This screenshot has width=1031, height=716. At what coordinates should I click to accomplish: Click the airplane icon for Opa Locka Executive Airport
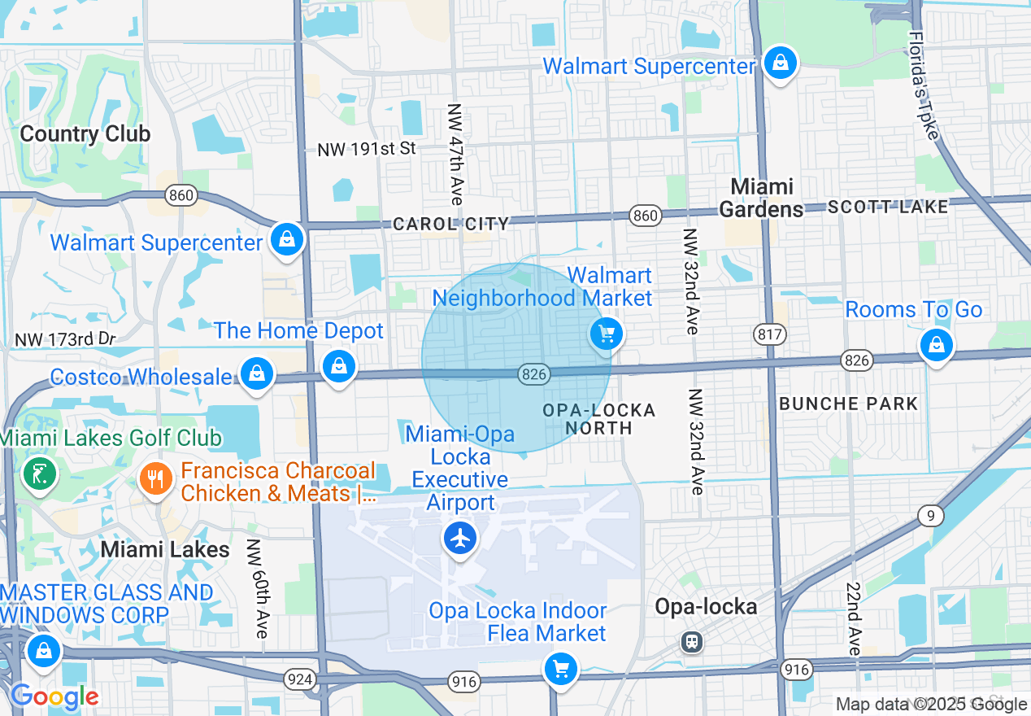(x=460, y=538)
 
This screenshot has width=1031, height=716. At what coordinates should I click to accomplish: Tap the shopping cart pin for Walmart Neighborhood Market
(x=606, y=334)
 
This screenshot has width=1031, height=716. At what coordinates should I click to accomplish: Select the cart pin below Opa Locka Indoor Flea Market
(x=560, y=670)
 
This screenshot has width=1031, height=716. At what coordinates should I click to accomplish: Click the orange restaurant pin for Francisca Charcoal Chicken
(x=155, y=478)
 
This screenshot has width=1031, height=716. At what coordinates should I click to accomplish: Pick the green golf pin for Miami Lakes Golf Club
(x=38, y=473)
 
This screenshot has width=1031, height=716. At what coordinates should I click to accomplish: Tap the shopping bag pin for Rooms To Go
(x=936, y=344)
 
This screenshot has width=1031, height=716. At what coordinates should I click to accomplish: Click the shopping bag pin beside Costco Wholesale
(x=257, y=373)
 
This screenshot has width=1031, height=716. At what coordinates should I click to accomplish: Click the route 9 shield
(x=930, y=515)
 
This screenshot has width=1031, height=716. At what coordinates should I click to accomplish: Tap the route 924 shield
(x=300, y=677)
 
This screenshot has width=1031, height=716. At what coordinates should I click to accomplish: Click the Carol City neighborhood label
(x=450, y=224)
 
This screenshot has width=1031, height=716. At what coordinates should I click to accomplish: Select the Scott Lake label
(x=888, y=207)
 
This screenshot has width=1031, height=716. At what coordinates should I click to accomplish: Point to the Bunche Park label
(x=848, y=404)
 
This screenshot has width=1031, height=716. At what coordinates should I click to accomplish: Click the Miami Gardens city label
(x=761, y=198)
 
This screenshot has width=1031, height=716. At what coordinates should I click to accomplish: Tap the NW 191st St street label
(x=366, y=149)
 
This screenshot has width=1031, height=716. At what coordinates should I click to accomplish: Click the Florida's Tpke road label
(x=924, y=85)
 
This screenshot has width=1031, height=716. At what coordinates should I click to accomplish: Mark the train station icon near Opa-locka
(x=692, y=642)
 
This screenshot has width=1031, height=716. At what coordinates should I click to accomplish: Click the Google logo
(x=54, y=696)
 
